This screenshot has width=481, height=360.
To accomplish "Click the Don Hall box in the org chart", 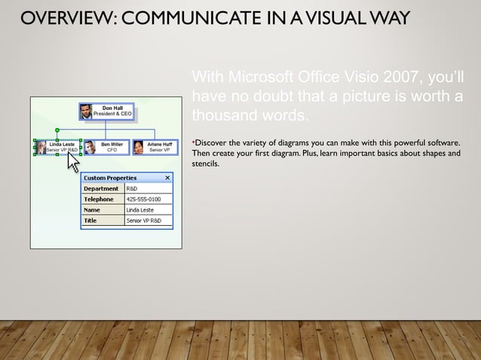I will [106, 111].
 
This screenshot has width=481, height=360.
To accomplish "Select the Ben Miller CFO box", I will [106, 147].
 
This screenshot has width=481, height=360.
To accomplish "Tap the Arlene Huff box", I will [153, 147].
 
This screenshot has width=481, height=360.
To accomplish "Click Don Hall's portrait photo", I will [86, 111].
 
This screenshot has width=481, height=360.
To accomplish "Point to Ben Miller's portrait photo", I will [90, 148].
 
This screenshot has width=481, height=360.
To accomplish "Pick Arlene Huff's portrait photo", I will [138, 148].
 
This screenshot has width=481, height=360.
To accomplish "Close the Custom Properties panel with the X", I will [167, 178].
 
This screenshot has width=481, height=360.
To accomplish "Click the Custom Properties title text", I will [109, 178].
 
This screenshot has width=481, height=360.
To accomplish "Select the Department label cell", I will [102, 188].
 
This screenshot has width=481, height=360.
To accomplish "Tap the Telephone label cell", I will [102, 200].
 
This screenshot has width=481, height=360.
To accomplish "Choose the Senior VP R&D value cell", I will [144, 221].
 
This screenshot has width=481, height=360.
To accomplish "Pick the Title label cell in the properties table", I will [102, 221].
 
